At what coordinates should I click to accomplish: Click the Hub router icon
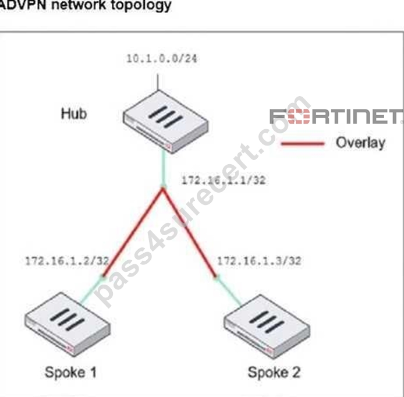coord(166,122)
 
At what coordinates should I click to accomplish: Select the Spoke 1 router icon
coord(68,324)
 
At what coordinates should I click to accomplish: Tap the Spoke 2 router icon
coord(267,327)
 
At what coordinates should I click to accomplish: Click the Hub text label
coord(74,114)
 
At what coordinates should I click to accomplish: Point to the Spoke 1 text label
coord(70,373)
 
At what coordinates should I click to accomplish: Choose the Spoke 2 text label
coord(274,373)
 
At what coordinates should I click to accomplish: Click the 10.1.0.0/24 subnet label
coord(162,59)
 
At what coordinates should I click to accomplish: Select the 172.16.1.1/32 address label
coord(224,180)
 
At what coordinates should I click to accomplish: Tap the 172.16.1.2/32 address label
coord(67,261)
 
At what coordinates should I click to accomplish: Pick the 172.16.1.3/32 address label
coord(259,261)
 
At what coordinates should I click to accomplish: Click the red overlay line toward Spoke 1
coord(133,232)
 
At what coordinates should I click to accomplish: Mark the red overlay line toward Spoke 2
coord(190,232)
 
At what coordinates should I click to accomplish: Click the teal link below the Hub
coord(164,169)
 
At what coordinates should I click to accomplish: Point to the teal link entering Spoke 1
coord(92,290)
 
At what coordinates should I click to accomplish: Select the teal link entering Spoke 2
coord(229,292)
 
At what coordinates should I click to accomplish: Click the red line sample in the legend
coord(303,144)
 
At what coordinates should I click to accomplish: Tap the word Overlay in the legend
coord(360,143)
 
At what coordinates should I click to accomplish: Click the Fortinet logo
coord(336,116)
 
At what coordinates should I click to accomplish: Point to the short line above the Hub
coord(158,82)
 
